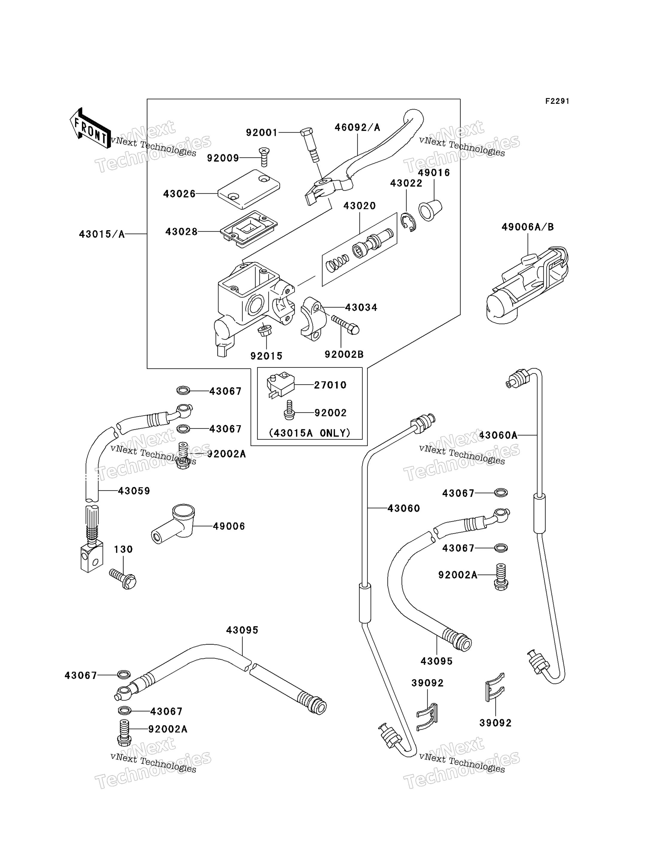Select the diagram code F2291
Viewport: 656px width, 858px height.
pos(557,101)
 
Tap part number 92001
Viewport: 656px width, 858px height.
pos(262,133)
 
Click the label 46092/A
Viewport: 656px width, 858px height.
pos(357,127)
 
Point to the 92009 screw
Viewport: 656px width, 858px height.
pos(264,157)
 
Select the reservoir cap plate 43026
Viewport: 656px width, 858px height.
pos(249,189)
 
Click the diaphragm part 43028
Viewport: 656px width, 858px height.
pos(249,229)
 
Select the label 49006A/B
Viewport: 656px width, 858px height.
pos(528,227)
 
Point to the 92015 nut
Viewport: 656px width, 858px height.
pos(265,330)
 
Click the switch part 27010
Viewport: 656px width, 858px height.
pos(280,385)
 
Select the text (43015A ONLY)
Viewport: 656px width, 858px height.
pos(310,433)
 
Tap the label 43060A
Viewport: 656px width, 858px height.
pos(498,435)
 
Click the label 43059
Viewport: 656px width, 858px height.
pos(134,491)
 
